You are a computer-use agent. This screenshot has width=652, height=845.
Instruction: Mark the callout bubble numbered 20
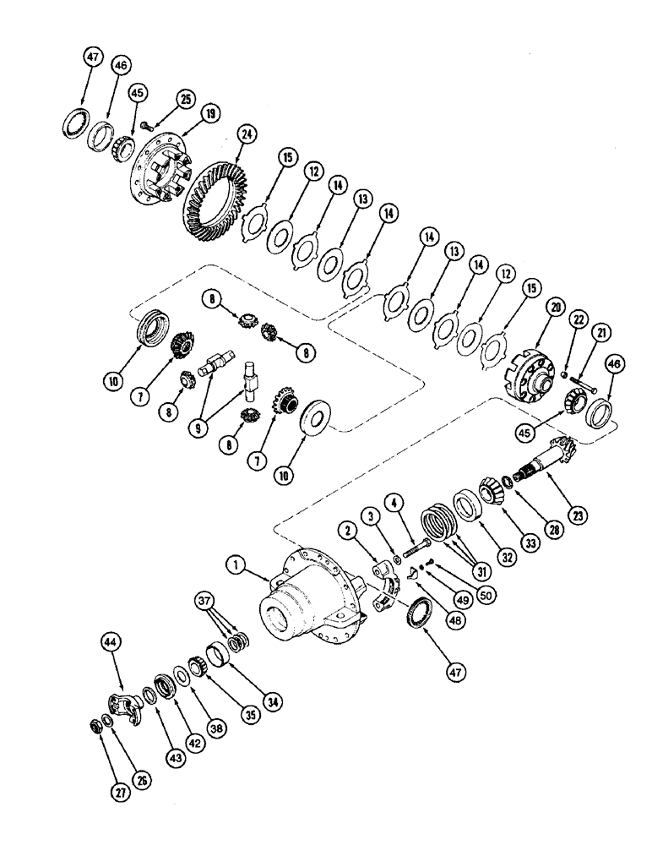(532, 308)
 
